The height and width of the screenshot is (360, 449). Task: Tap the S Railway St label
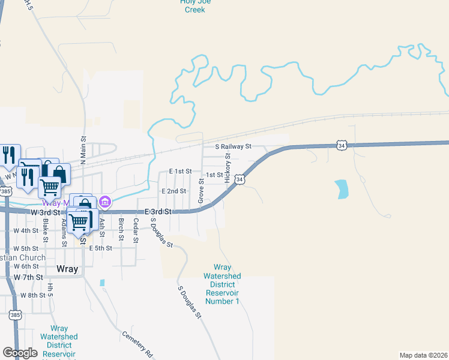pos(234,146)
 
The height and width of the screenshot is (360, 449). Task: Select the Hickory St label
pos(228,168)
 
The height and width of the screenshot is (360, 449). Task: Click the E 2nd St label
pos(174,191)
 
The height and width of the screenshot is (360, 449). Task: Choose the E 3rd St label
pos(158,212)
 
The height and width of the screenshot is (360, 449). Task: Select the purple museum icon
pos(105,202)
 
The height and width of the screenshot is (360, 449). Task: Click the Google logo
pos(20,353)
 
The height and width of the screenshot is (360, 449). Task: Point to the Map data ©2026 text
pos(423,355)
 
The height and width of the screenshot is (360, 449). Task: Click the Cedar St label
pos(136,230)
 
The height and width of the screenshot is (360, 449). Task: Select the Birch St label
pos(121,230)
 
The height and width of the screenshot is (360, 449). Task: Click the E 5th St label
pos(100,248)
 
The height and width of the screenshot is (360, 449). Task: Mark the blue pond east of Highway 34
pos(342,190)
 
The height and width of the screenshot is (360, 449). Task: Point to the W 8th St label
pos(32,295)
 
